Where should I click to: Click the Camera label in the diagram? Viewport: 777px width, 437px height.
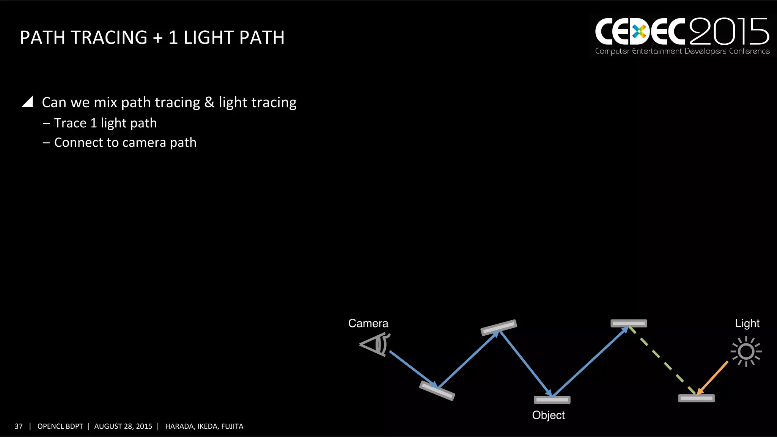[368, 323]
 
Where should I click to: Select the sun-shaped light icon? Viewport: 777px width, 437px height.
[746, 351]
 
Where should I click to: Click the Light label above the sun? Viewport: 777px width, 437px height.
[747, 323]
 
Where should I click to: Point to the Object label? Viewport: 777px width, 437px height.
[548, 415]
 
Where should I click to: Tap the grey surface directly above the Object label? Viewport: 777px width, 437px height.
[552, 400]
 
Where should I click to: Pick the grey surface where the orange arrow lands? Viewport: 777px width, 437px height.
[696, 398]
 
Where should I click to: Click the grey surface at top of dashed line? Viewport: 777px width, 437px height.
[629, 323]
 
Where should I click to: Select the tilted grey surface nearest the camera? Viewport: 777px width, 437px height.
[437, 391]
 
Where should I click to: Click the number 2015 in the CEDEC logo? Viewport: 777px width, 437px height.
[729, 32]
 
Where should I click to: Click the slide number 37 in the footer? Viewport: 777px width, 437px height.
[19, 426]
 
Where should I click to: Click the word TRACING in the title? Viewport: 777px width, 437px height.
[109, 38]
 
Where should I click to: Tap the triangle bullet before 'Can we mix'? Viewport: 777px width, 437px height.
[28, 102]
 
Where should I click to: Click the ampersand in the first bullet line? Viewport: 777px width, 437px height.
[209, 102]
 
